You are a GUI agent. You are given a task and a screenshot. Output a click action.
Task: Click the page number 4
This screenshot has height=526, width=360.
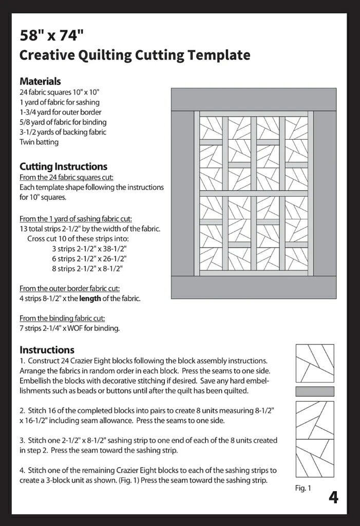(x=333, y=497)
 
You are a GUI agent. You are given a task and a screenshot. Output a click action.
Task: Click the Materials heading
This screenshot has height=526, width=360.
(x=40, y=81)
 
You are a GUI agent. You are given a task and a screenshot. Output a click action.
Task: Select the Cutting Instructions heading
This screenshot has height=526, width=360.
(x=63, y=166)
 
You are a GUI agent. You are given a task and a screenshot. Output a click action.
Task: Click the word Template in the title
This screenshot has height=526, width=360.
(x=220, y=55)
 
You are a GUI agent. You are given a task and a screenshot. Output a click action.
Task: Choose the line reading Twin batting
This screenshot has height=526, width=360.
(x=39, y=142)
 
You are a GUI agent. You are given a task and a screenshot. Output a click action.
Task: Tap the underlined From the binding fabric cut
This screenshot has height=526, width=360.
(x=62, y=318)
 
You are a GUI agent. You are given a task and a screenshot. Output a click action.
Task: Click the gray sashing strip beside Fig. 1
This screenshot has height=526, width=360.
(x=315, y=391)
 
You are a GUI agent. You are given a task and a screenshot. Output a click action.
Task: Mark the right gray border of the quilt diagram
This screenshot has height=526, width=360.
(x=325, y=194)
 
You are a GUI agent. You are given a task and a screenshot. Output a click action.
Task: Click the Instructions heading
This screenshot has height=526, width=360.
(x=47, y=350)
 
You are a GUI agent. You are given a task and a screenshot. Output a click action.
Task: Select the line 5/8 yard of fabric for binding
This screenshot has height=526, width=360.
(x=63, y=122)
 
